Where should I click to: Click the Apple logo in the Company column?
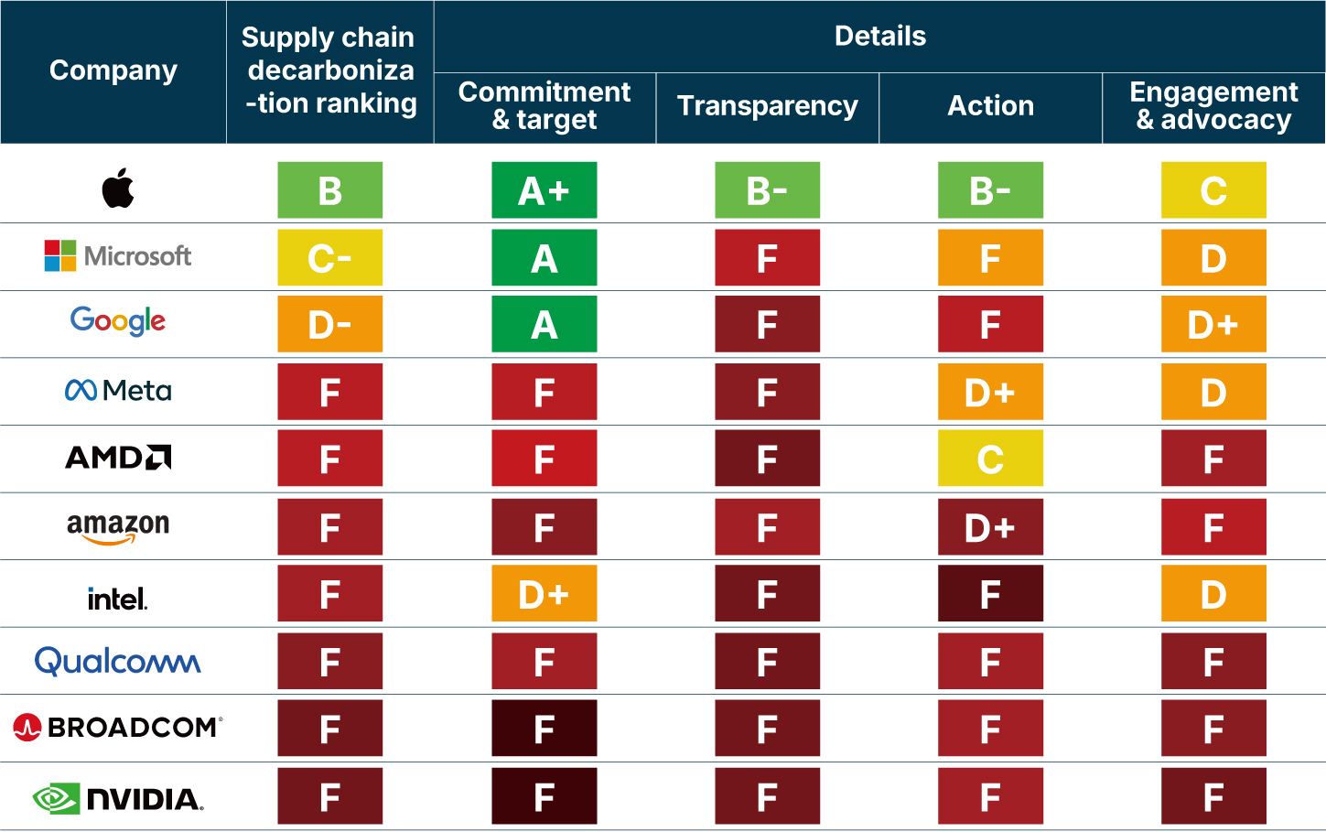[x=118, y=189]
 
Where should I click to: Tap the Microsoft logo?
[x=118, y=256]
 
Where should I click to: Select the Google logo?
[x=118, y=321]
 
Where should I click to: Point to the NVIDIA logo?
[x=118, y=798]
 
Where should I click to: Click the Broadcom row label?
[x=118, y=728]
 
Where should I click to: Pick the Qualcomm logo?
[x=118, y=661]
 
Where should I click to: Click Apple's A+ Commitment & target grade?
[x=544, y=190]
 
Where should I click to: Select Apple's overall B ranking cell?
[x=330, y=190]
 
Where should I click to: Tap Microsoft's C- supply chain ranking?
[x=330, y=258]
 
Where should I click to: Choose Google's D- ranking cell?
[x=330, y=325]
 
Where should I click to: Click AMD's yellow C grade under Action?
[x=990, y=459]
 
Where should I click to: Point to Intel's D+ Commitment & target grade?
[x=544, y=594]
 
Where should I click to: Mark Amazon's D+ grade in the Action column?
[x=990, y=527]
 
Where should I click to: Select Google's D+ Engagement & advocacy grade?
[x=1213, y=325]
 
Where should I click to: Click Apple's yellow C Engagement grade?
[x=1213, y=190]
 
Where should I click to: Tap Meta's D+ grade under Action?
[x=990, y=393]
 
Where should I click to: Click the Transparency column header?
[x=768, y=106]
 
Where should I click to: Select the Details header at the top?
[x=880, y=37]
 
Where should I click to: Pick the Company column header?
[x=113, y=70]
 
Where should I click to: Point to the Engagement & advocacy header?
[x=1213, y=106]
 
